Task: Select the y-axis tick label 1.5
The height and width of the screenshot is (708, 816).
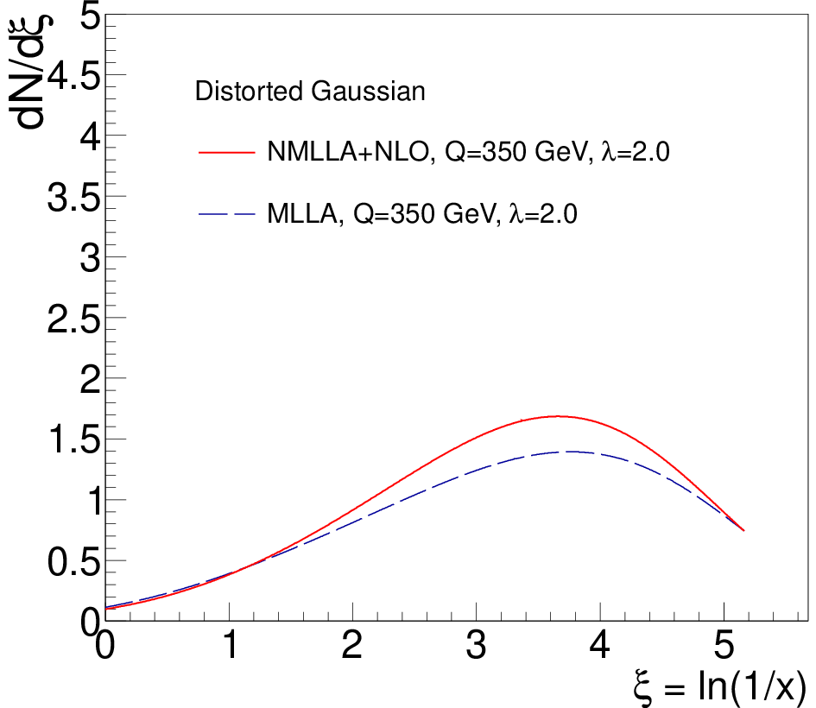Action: click(74, 440)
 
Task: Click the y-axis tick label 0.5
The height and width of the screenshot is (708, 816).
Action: click(74, 562)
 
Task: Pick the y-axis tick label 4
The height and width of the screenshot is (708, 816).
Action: click(90, 137)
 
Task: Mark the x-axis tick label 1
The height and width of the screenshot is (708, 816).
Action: click(230, 644)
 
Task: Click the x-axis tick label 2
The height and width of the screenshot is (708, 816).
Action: click(352, 644)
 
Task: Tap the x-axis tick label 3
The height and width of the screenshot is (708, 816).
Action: click(476, 644)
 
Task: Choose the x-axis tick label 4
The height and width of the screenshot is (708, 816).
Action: click(599, 644)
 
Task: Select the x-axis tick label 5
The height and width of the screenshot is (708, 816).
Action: click(724, 644)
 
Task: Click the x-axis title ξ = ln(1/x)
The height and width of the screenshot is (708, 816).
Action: click(721, 686)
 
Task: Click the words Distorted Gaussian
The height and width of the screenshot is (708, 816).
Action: click(310, 91)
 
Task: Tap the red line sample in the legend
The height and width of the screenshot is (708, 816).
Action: click(227, 153)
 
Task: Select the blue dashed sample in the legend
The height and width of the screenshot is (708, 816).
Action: click(227, 214)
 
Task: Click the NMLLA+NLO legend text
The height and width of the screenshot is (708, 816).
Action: click(347, 152)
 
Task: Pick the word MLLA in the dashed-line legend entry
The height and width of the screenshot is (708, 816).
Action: click(302, 213)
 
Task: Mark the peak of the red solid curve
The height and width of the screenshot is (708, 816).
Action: click(558, 416)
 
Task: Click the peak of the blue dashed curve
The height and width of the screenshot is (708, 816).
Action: click(572, 452)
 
